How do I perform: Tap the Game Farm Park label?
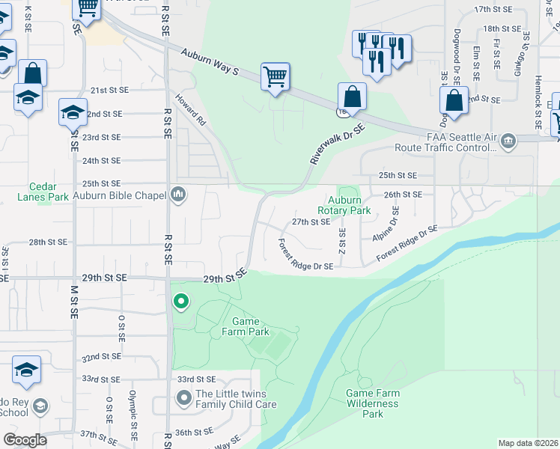click(245, 326)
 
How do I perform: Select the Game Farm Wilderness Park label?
click(372, 403)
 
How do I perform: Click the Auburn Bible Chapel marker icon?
click(178, 195)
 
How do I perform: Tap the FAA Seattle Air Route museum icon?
click(508, 141)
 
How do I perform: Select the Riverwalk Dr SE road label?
click(336, 144)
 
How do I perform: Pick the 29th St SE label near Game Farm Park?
click(224, 277)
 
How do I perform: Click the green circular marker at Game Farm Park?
click(180, 302)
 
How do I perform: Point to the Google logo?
click(25, 440)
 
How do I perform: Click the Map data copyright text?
click(528, 443)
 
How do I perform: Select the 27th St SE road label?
click(311, 222)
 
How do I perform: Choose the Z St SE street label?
click(342, 240)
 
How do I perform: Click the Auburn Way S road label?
click(210, 61)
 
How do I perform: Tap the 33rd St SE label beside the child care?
click(196, 379)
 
